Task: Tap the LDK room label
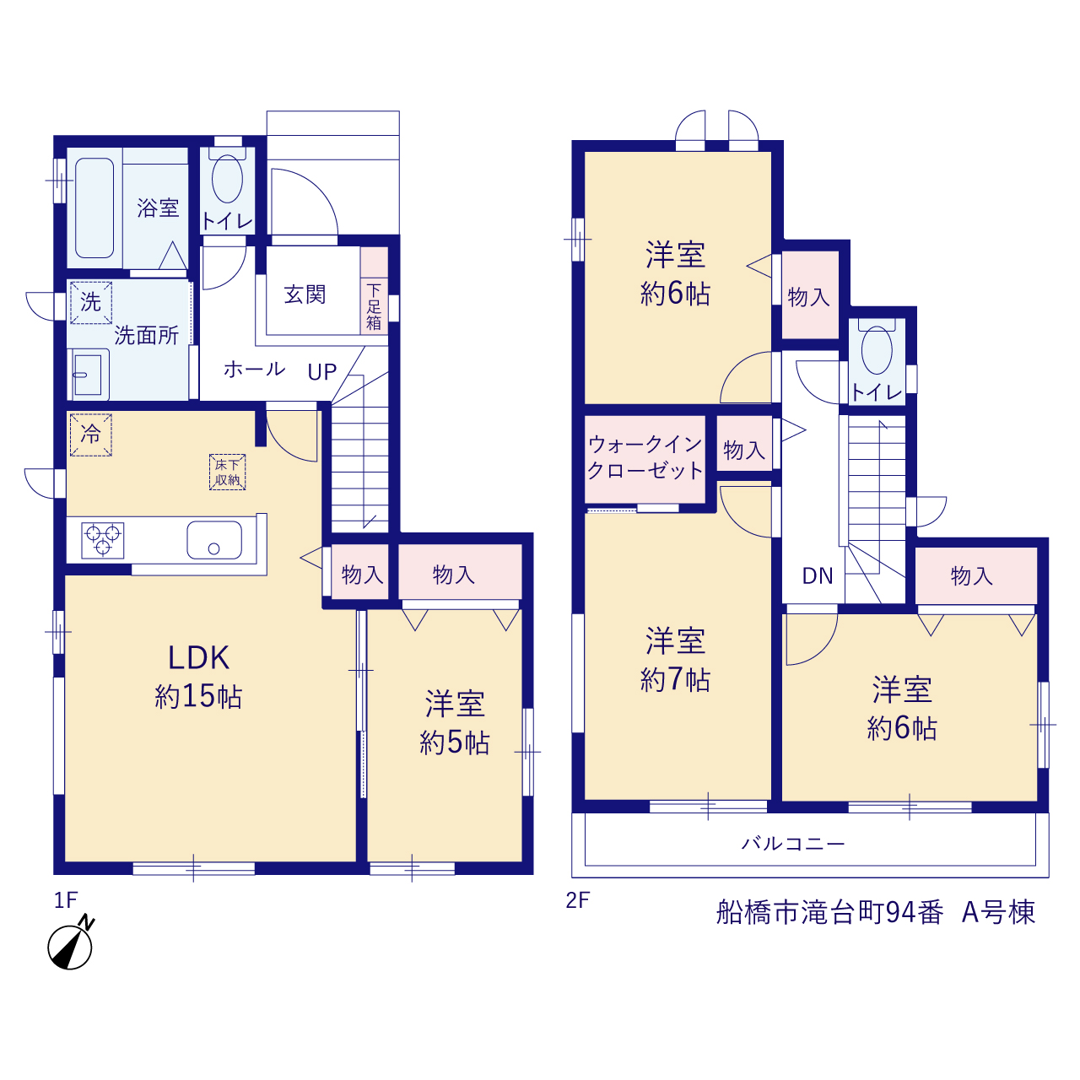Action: click(199, 658)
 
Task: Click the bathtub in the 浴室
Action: click(94, 208)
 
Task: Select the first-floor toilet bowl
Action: click(227, 178)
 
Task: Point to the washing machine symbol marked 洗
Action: click(91, 303)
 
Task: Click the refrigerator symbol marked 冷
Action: click(91, 435)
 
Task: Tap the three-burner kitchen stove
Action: click(103, 540)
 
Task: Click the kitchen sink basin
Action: click(214, 540)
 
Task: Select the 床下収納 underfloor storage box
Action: click(227, 472)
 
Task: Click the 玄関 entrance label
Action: click(305, 294)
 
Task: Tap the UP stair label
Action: click(321, 371)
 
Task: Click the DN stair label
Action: click(817, 575)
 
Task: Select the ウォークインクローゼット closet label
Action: click(645, 457)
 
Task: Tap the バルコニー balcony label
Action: click(793, 843)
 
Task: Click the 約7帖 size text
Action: click(675, 680)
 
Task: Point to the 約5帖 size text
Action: click(454, 742)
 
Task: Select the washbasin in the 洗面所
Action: click(88, 375)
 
